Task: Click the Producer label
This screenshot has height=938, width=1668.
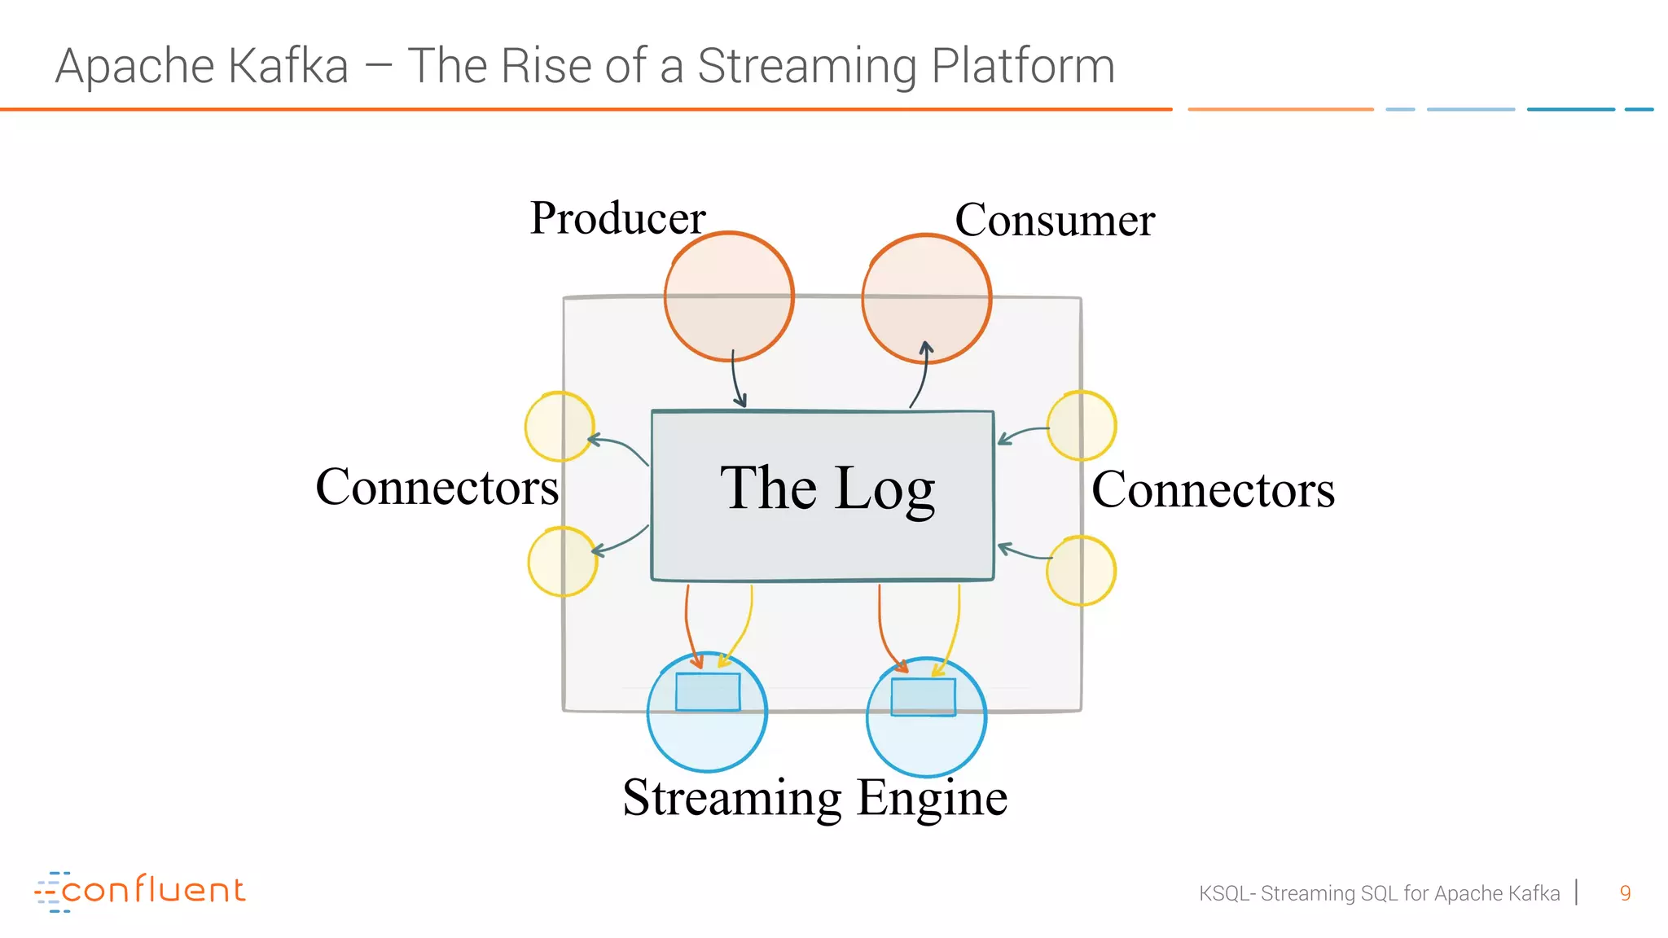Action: tap(617, 218)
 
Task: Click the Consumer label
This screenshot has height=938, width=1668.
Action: tap(1054, 220)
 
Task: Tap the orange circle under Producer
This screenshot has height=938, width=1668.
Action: tap(729, 296)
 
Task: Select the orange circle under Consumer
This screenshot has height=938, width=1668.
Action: tap(926, 298)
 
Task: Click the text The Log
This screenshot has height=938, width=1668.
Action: tap(827, 488)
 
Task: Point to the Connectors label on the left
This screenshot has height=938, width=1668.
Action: tap(437, 487)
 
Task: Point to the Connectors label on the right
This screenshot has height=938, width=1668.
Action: tap(1213, 489)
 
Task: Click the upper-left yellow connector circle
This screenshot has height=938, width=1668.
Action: tap(560, 427)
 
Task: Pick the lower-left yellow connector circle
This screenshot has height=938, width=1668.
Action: tap(563, 562)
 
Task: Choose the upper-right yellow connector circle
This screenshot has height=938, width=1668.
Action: tap(1082, 426)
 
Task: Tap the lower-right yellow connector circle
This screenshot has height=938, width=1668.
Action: tap(1081, 571)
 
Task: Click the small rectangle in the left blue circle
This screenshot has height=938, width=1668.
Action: tap(708, 692)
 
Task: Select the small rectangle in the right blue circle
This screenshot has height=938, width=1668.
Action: tap(923, 697)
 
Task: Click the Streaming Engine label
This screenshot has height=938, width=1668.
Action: tap(814, 797)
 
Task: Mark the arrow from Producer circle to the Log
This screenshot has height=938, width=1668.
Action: tap(736, 379)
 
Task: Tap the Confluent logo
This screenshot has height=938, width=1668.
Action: tap(140, 891)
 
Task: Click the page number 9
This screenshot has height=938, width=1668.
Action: tap(1625, 893)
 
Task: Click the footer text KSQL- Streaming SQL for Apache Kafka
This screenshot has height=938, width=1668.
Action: tap(1379, 893)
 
